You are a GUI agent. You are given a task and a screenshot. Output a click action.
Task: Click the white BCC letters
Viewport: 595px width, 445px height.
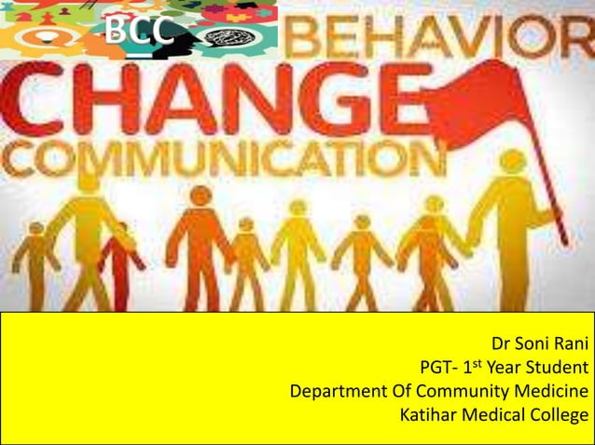[x=138, y=31]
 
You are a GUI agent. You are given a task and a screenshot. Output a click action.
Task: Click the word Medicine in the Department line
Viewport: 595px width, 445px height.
[x=555, y=390]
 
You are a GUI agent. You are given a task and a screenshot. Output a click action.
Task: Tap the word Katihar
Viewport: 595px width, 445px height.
[x=430, y=413]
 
